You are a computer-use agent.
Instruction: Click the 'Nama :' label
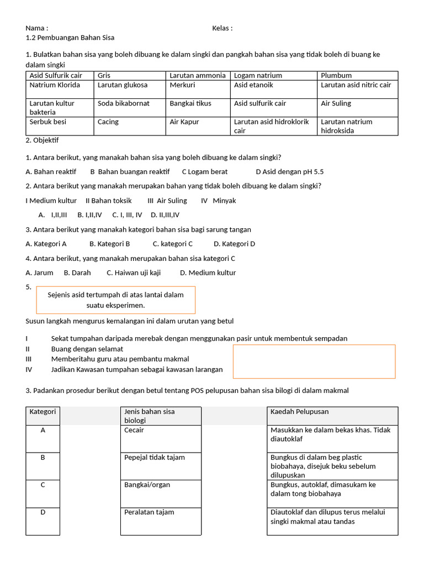click(x=37, y=28)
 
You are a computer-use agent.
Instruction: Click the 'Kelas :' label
click(x=222, y=28)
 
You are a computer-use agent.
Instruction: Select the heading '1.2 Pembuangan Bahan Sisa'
click(x=70, y=38)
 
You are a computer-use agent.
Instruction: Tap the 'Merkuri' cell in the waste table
click(x=182, y=85)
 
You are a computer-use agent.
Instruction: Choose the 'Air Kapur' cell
click(x=184, y=122)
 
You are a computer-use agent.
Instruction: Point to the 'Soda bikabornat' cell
click(x=124, y=103)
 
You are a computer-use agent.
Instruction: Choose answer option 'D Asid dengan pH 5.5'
click(x=290, y=172)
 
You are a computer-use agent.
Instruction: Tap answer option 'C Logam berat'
click(x=205, y=172)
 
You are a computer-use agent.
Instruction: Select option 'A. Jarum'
click(x=39, y=272)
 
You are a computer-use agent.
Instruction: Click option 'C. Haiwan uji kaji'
click(x=134, y=272)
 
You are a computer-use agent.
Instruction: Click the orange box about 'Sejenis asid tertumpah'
click(x=115, y=300)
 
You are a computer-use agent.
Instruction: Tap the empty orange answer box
click(x=314, y=361)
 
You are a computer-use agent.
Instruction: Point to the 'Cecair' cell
click(x=135, y=430)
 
